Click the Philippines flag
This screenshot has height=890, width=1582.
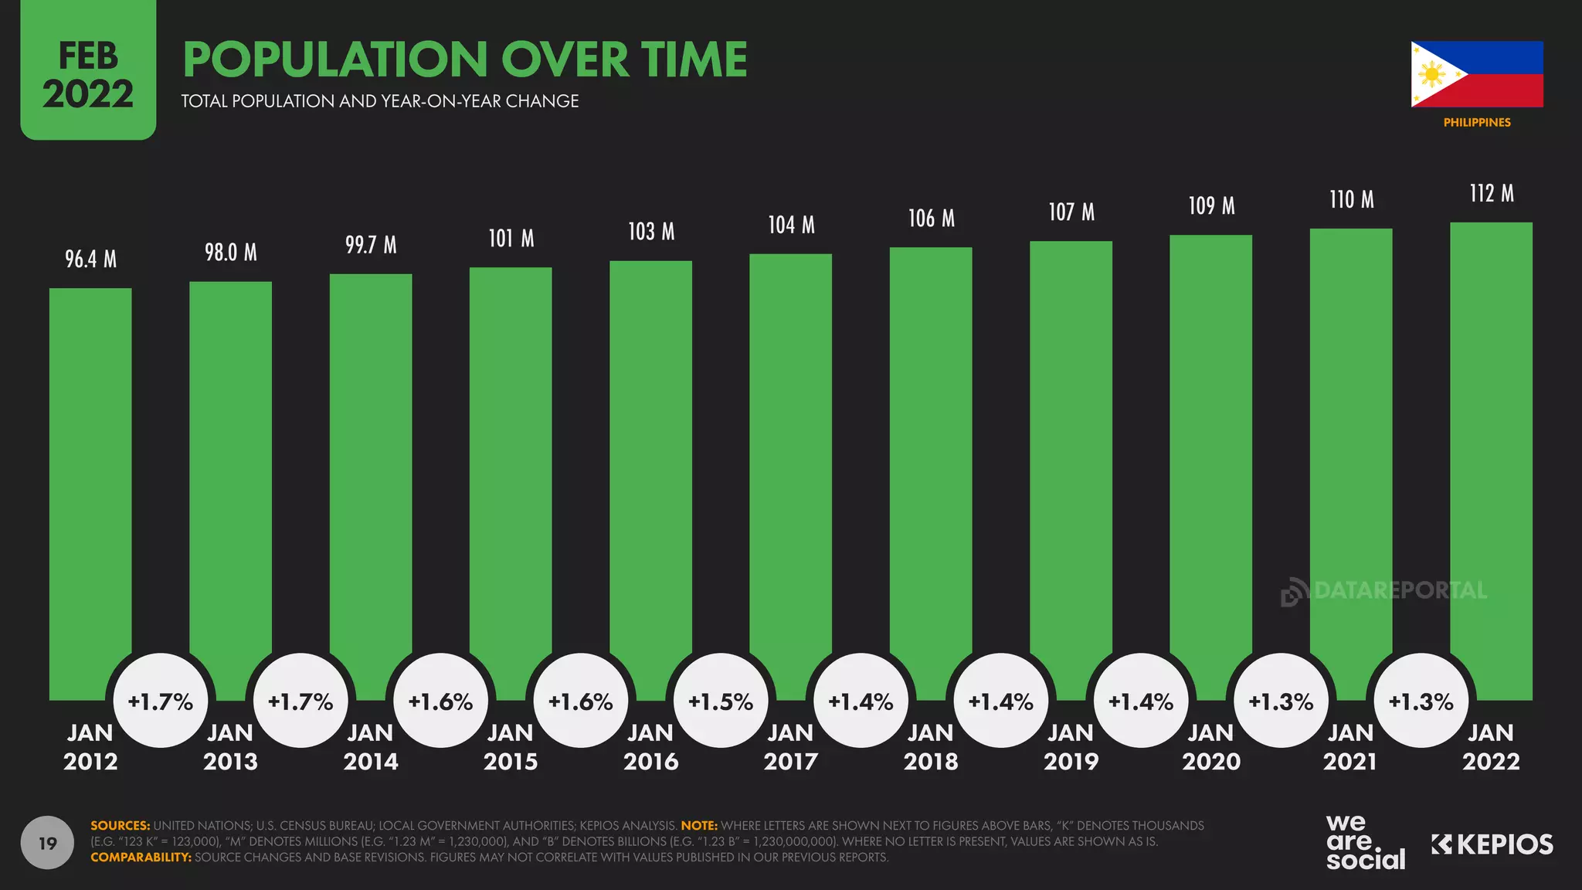coord(1476,74)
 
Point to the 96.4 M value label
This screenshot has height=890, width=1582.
coord(90,259)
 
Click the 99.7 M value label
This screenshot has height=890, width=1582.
coord(371,245)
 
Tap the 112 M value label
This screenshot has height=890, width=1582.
coord(1491,193)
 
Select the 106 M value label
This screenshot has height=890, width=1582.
coord(931,219)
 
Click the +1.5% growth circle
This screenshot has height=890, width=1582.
coord(721,701)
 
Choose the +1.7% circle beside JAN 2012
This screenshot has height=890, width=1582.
coord(161,701)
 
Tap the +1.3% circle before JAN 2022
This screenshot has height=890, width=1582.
coord(1421,701)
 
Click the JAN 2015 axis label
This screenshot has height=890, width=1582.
coord(511,746)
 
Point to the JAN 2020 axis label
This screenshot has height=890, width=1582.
coord(1210,746)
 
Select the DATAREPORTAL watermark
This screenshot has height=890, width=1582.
coord(1383,591)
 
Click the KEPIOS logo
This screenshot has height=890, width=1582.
coord(1492,844)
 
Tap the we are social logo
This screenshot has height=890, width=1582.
coord(1364,842)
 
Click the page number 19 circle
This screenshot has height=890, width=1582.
coord(47,843)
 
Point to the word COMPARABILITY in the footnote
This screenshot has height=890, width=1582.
coord(141,857)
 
